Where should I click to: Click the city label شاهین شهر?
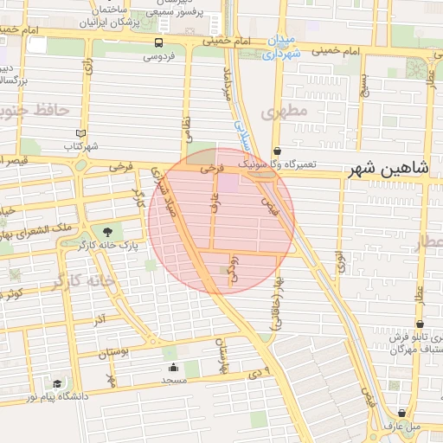click(389, 170)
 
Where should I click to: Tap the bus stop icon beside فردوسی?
click(158, 42)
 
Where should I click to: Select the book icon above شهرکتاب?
click(81, 133)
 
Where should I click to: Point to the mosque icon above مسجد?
click(173, 367)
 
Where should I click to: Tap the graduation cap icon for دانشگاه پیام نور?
click(57, 383)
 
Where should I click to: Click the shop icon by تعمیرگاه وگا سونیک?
click(276, 150)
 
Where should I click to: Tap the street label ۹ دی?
click(257, 371)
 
